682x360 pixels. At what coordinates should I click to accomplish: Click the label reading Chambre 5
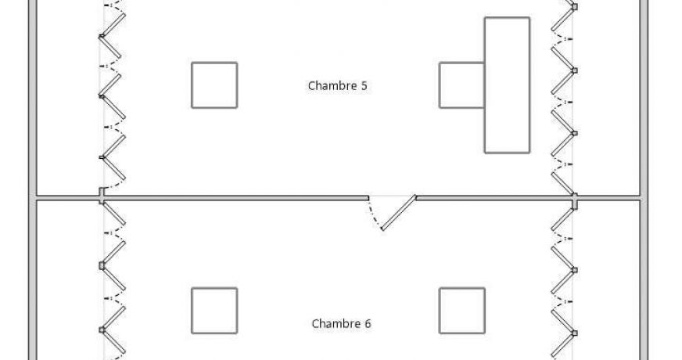(338, 86)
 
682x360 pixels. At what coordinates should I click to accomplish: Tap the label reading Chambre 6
(341, 323)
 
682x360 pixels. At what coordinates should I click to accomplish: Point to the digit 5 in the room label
(364, 86)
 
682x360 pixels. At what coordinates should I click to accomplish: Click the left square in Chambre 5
(214, 85)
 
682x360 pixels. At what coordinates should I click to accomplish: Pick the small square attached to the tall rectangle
(461, 85)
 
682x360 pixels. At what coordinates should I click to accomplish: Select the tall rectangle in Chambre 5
(508, 85)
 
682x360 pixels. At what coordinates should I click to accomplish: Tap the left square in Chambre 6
(214, 311)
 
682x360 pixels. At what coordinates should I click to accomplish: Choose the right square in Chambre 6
(461, 311)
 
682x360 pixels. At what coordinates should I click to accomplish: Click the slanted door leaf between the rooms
(399, 213)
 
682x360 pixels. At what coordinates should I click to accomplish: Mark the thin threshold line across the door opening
(392, 196)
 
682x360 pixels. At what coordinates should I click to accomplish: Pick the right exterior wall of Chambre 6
(644, 282)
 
